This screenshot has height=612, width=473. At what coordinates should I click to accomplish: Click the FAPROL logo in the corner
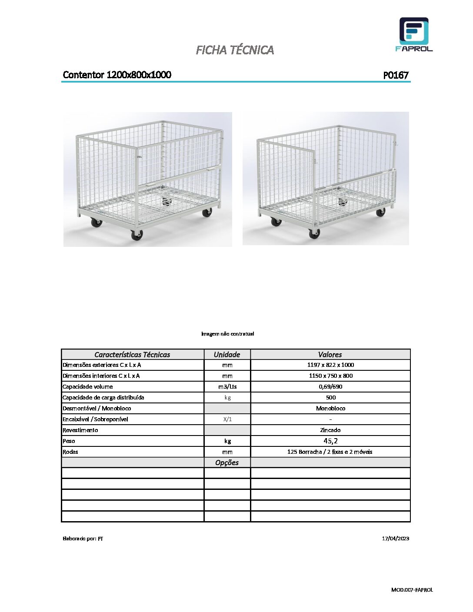tap(414, 34)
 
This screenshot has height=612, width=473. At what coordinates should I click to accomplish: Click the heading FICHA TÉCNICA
tap(235, 50)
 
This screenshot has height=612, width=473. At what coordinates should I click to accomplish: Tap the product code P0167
tap(396, 75)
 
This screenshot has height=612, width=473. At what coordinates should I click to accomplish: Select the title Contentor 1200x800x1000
tap(117, 75)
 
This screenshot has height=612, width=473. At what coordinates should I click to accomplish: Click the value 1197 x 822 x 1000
tap(330, 365)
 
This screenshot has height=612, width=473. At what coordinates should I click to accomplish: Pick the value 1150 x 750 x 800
tap(330, 376)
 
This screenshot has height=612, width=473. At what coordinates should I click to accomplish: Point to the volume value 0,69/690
tap(330, 387)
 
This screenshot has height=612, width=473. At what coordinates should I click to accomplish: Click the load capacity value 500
tap(330, 398)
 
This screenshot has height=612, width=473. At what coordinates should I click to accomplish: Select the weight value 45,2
tap(330, 441)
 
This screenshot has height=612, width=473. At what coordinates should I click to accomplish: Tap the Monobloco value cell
tap(330, 409)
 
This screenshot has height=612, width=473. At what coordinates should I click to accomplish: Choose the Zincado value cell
tap(330, 430)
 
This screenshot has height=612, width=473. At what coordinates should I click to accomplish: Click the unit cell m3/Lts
tap(227, 387)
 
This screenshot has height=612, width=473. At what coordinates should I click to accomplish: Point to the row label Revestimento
tap(80, 430)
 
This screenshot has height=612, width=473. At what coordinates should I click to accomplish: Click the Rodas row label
tap(70, 452)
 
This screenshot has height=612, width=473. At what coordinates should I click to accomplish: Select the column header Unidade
tap(227, 355)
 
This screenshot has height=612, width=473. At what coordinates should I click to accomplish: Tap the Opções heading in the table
tap(227, 462)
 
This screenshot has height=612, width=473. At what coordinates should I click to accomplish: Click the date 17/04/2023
tap(396, 539)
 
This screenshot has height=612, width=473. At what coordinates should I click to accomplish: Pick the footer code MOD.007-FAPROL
tap(412, 590)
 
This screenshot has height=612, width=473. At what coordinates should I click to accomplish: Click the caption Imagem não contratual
tap(227, 334)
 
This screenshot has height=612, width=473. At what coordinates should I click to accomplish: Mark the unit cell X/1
tap(227, 419)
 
